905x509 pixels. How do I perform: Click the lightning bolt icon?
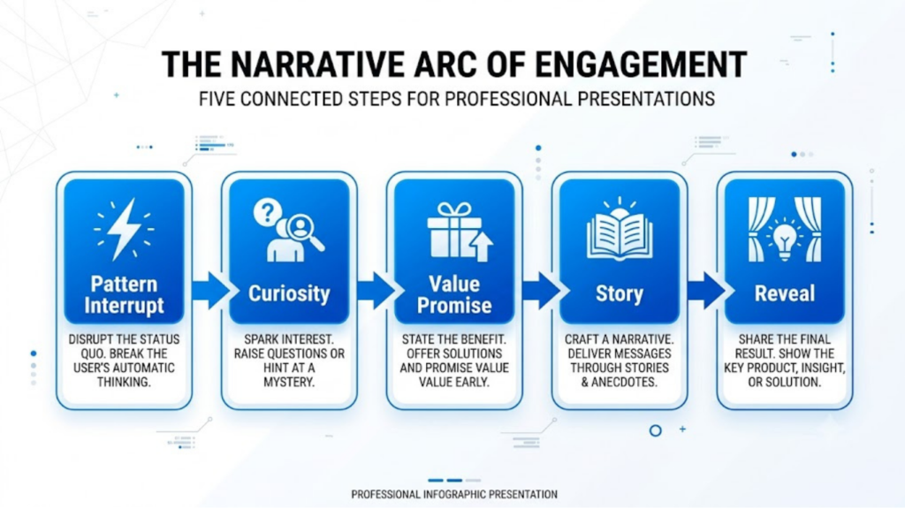pos(124,229)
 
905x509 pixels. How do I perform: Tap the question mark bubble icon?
pos(268,213)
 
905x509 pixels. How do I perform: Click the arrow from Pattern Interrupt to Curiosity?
pos(211,290)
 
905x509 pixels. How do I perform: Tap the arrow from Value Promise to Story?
pos(542,290)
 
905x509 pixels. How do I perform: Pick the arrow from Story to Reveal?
pos(706,290)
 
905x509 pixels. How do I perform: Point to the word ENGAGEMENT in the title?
pos(642,64)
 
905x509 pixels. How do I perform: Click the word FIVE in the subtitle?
pos(217,99)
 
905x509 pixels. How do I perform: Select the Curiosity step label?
pos(289,293)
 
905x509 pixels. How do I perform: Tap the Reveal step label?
pos(785,293)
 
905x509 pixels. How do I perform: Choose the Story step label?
pos(620,294)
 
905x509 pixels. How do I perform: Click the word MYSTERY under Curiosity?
pos(289,382)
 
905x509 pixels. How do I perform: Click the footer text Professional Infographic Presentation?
pos(454,495)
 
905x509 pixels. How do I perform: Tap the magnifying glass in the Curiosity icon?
pos(304,232)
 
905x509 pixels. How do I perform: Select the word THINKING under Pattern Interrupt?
pos(124,382)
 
